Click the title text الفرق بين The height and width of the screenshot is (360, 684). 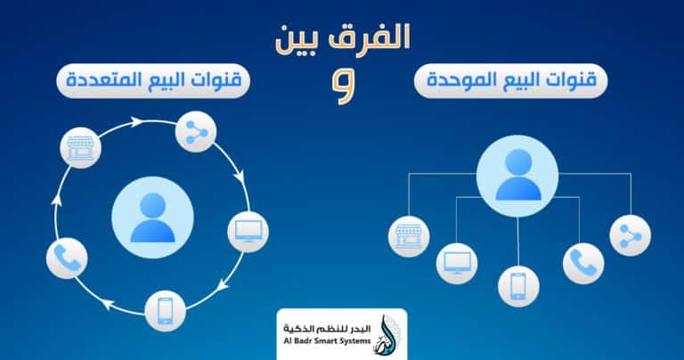pyautogui.click(x=343, y=39)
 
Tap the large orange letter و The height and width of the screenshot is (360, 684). pyautogui.click(x=344, y=86)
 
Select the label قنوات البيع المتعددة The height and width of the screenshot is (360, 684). pyautogui.click(x=153, y=80)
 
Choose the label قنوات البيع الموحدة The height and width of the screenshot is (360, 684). pyautogui.click(x=511, y=80)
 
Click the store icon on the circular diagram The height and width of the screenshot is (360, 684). pyautogui.click(x=81, y=148)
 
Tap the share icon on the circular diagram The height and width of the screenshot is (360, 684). pyautogui.click(x=196, y=132)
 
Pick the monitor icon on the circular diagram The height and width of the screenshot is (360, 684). pyautogui.click(x=248, y=232)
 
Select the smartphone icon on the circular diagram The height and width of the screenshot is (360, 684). pyautogui.click(x=166, y=311)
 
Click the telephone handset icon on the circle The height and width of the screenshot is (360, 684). pyautogui.click(x=67, y=258)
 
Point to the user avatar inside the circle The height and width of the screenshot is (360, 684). pyautogui.click(x=152, y=217)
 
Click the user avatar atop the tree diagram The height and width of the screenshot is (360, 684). pyautogui.click(x=517, y=176)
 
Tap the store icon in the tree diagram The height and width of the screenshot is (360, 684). pyautogui.click(x=409, y=236)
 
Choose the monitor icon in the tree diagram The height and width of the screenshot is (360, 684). pyautogui.click(x=457, y=264)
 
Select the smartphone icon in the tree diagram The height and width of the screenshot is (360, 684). pyautogui.click(x=518, y=286)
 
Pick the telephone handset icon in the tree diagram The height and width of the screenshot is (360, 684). pyautogui.click(x=583, y=264)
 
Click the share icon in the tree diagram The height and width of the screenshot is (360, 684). pyautogui.click(x=631, y=235)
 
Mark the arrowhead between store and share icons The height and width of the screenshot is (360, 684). pyautogui.click(x=137, y=122)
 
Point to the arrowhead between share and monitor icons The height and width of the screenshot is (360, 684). pyautogui.click(x=239, y=177)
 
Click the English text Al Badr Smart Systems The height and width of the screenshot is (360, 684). pyautogui.click(x=327, y=340)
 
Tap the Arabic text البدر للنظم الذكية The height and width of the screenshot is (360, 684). pyautogui.click(x=327, y=328)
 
